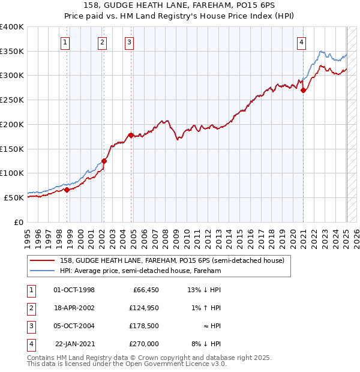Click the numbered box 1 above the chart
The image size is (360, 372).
tap(65, 42)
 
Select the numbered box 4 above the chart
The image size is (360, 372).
tap(301, 42)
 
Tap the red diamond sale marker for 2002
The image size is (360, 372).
tap(104, 161)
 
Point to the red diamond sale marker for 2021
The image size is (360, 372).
tap(304, 91)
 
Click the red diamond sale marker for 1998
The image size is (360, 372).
tap(67, 190)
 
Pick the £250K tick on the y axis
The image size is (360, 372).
tap(12, 100)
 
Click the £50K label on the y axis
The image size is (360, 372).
tap(14, 197)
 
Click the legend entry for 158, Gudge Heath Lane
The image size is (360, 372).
tap(175, 260)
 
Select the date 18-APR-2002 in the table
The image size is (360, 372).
tap(74, 308)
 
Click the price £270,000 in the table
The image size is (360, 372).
tap(145, 344)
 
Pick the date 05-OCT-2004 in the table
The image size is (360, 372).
tap(74, 326)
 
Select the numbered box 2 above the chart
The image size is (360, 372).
tap(103, 42)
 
